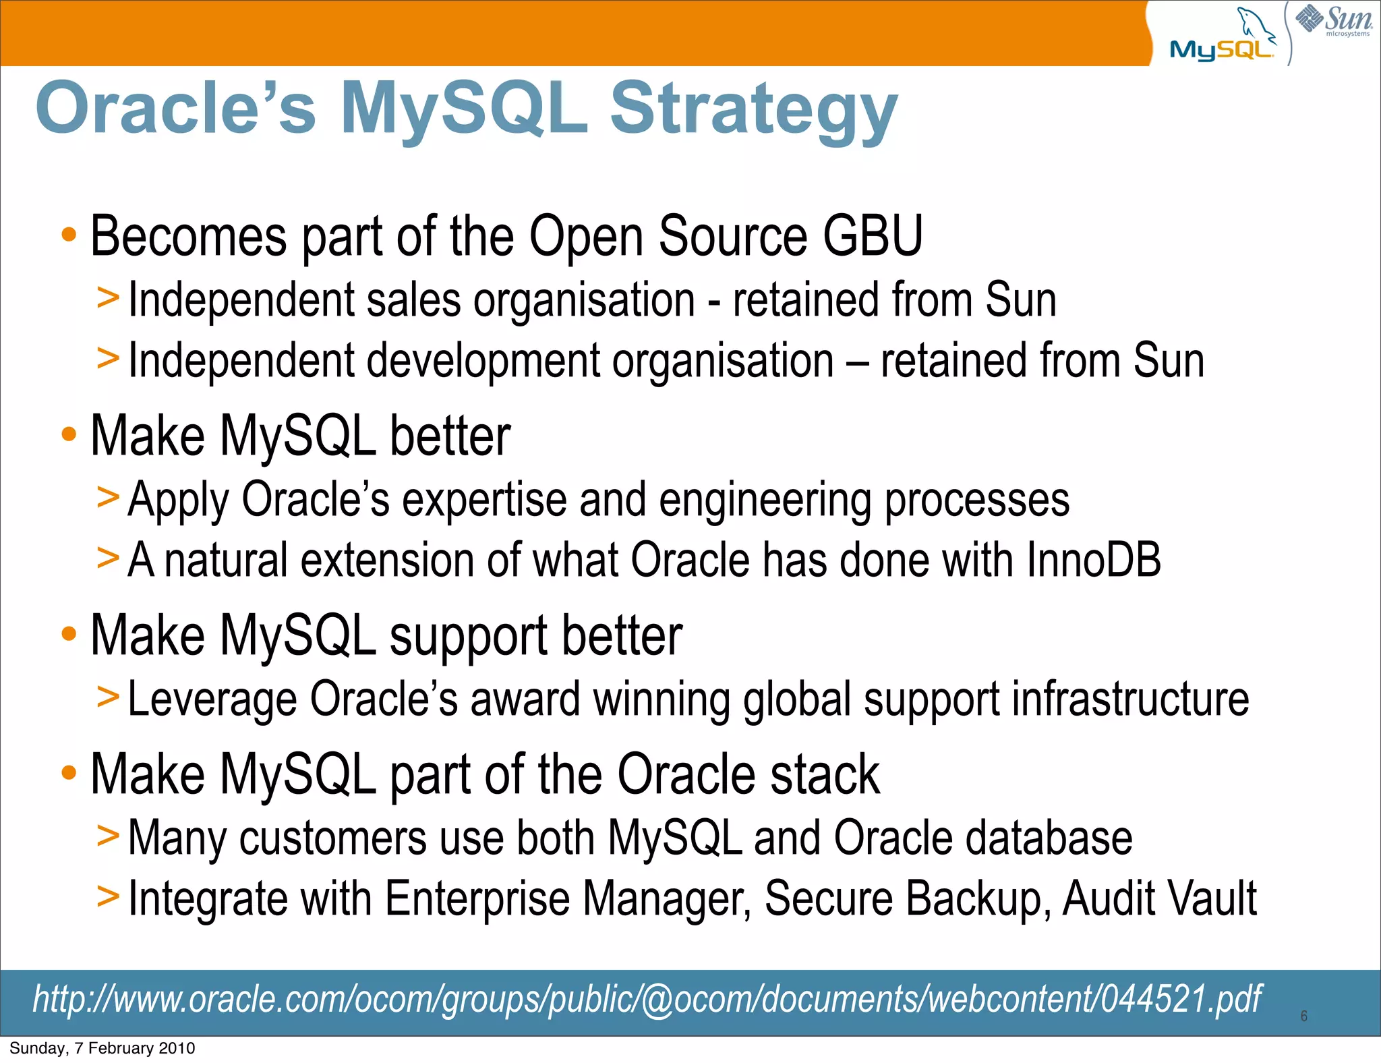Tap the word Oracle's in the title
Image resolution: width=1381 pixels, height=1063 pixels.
click(x=176, y=108)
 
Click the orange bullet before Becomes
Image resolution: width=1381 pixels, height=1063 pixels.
click(x=69, y=235)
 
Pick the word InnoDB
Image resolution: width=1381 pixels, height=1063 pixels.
click(x=1093, y=561)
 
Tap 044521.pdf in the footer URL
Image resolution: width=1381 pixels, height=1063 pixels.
click(x=1181, y=999)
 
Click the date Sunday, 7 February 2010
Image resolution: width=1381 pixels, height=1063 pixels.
click(x=102, y=1048)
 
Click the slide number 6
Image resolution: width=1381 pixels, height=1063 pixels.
click(x=1303, y=1016)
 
